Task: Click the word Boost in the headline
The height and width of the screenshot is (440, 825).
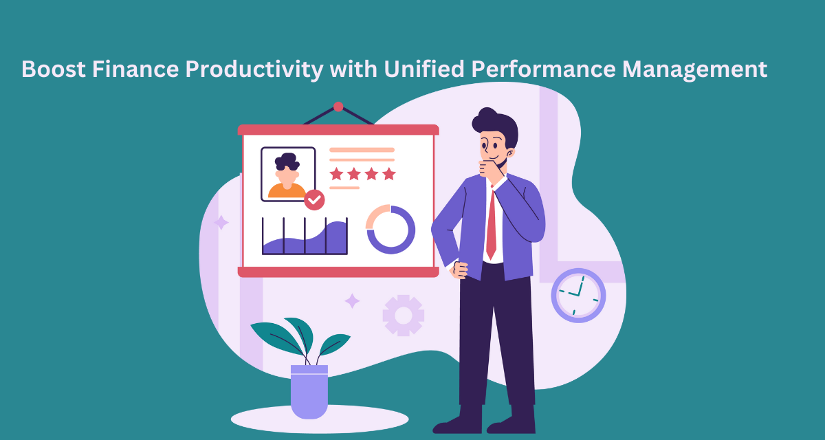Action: coord(54,69)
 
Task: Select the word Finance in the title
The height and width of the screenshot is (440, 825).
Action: coord(135,69)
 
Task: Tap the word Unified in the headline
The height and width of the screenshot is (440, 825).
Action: coord(424,69)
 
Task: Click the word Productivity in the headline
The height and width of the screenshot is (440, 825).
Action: coord(254,70)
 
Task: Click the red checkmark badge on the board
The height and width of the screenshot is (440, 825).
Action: coord(314,200)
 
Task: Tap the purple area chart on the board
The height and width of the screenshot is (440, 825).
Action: coord(305,237)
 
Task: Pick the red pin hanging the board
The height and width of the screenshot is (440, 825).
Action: coord(338,107)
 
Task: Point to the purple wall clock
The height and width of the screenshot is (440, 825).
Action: coord(578,296)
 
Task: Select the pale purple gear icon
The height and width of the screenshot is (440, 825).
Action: coord(404,316)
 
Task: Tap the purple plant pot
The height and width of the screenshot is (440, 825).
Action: coord(309,392)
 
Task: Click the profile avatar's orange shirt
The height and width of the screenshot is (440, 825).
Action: coord(287,191)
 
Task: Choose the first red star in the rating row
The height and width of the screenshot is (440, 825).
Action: coord(336,174)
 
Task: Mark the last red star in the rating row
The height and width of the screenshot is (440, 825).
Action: coord(389,174)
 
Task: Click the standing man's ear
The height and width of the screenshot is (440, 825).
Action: coord(510,153)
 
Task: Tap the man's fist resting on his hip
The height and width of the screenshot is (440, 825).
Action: coord(461,270)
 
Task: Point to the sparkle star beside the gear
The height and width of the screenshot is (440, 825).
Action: coord(352,301)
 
